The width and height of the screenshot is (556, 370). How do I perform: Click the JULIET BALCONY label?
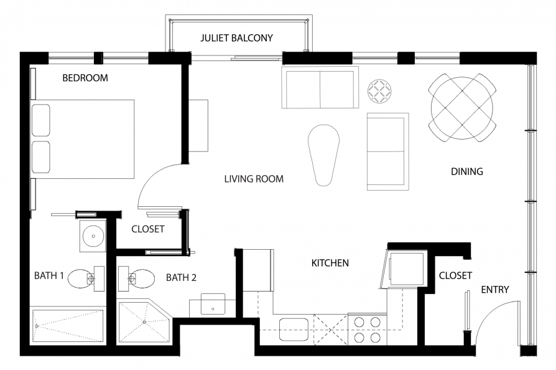236,38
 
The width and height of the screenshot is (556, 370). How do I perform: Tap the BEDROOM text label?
85,78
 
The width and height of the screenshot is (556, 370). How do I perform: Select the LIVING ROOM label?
254,179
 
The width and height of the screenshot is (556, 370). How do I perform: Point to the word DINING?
467,171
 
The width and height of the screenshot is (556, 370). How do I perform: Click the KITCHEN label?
330,263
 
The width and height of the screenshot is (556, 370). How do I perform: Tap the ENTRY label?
495,290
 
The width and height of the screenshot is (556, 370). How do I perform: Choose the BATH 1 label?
49,275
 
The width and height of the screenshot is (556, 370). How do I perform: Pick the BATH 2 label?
181,278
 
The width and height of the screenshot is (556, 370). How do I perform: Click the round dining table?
462,108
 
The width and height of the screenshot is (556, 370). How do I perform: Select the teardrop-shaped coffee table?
324,155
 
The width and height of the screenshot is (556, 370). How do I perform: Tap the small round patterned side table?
379,92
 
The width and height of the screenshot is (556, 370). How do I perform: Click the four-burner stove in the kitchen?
368,329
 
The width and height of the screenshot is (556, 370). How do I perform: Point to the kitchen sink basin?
294,330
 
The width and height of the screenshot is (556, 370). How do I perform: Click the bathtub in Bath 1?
68,326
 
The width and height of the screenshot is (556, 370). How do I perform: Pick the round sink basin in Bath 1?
93,236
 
